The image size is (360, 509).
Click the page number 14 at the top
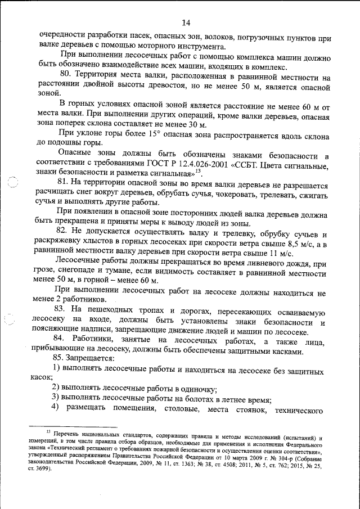click(x=186, y=22)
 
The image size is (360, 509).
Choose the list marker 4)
click(x=56, y=408)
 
